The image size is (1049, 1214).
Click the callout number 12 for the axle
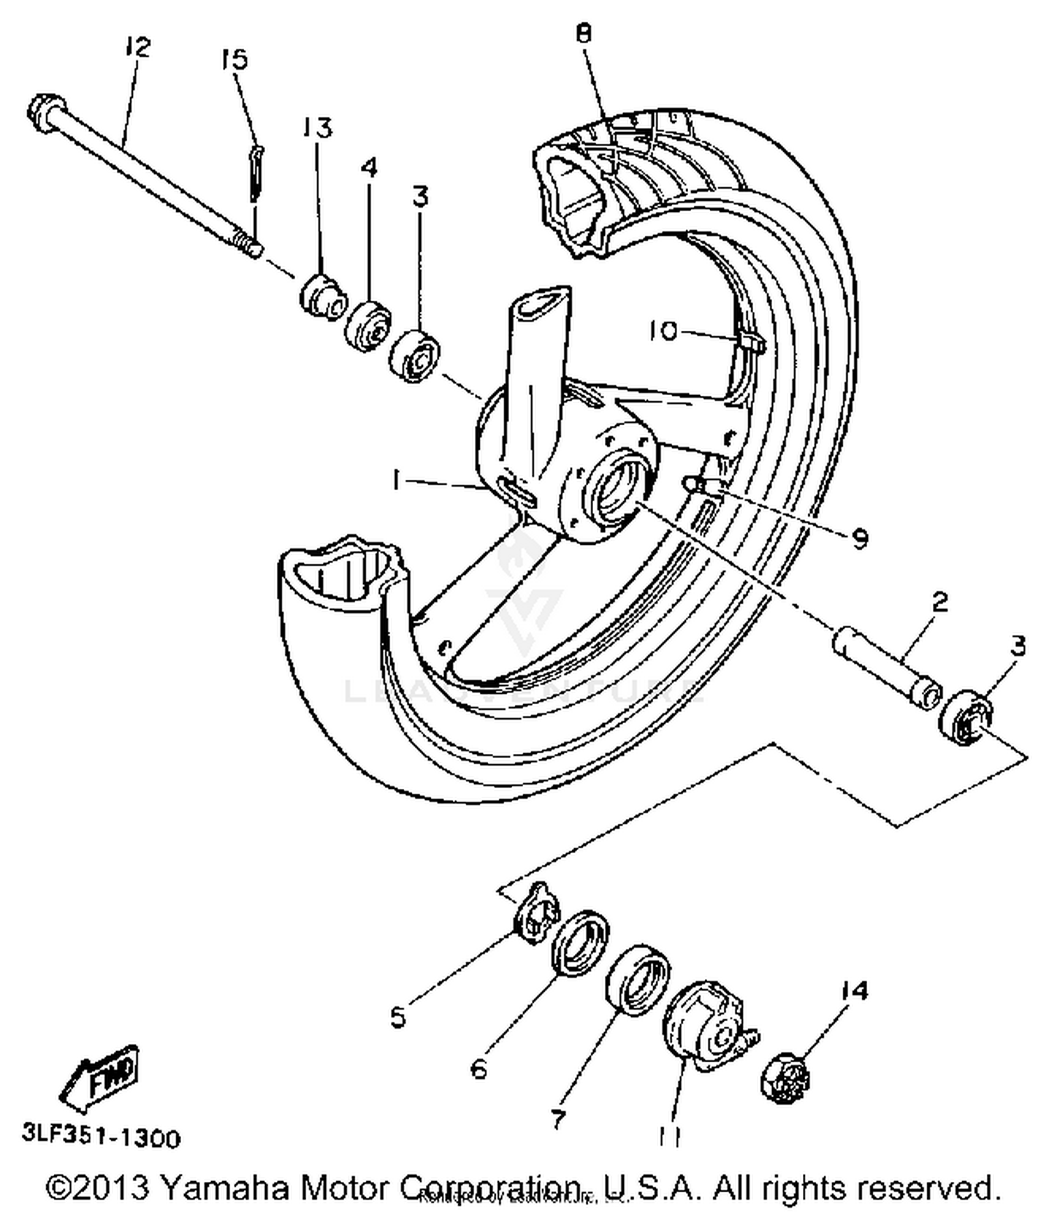coord(138,48)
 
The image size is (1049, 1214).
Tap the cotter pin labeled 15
coord(257,175)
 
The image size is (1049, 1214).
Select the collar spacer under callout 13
coord(323,299)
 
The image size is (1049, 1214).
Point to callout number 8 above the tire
coord(584,33)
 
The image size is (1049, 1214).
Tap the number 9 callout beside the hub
coord(859,538)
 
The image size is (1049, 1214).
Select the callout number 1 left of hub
coord(397,480)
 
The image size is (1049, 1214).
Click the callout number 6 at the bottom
coord(479,1069)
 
